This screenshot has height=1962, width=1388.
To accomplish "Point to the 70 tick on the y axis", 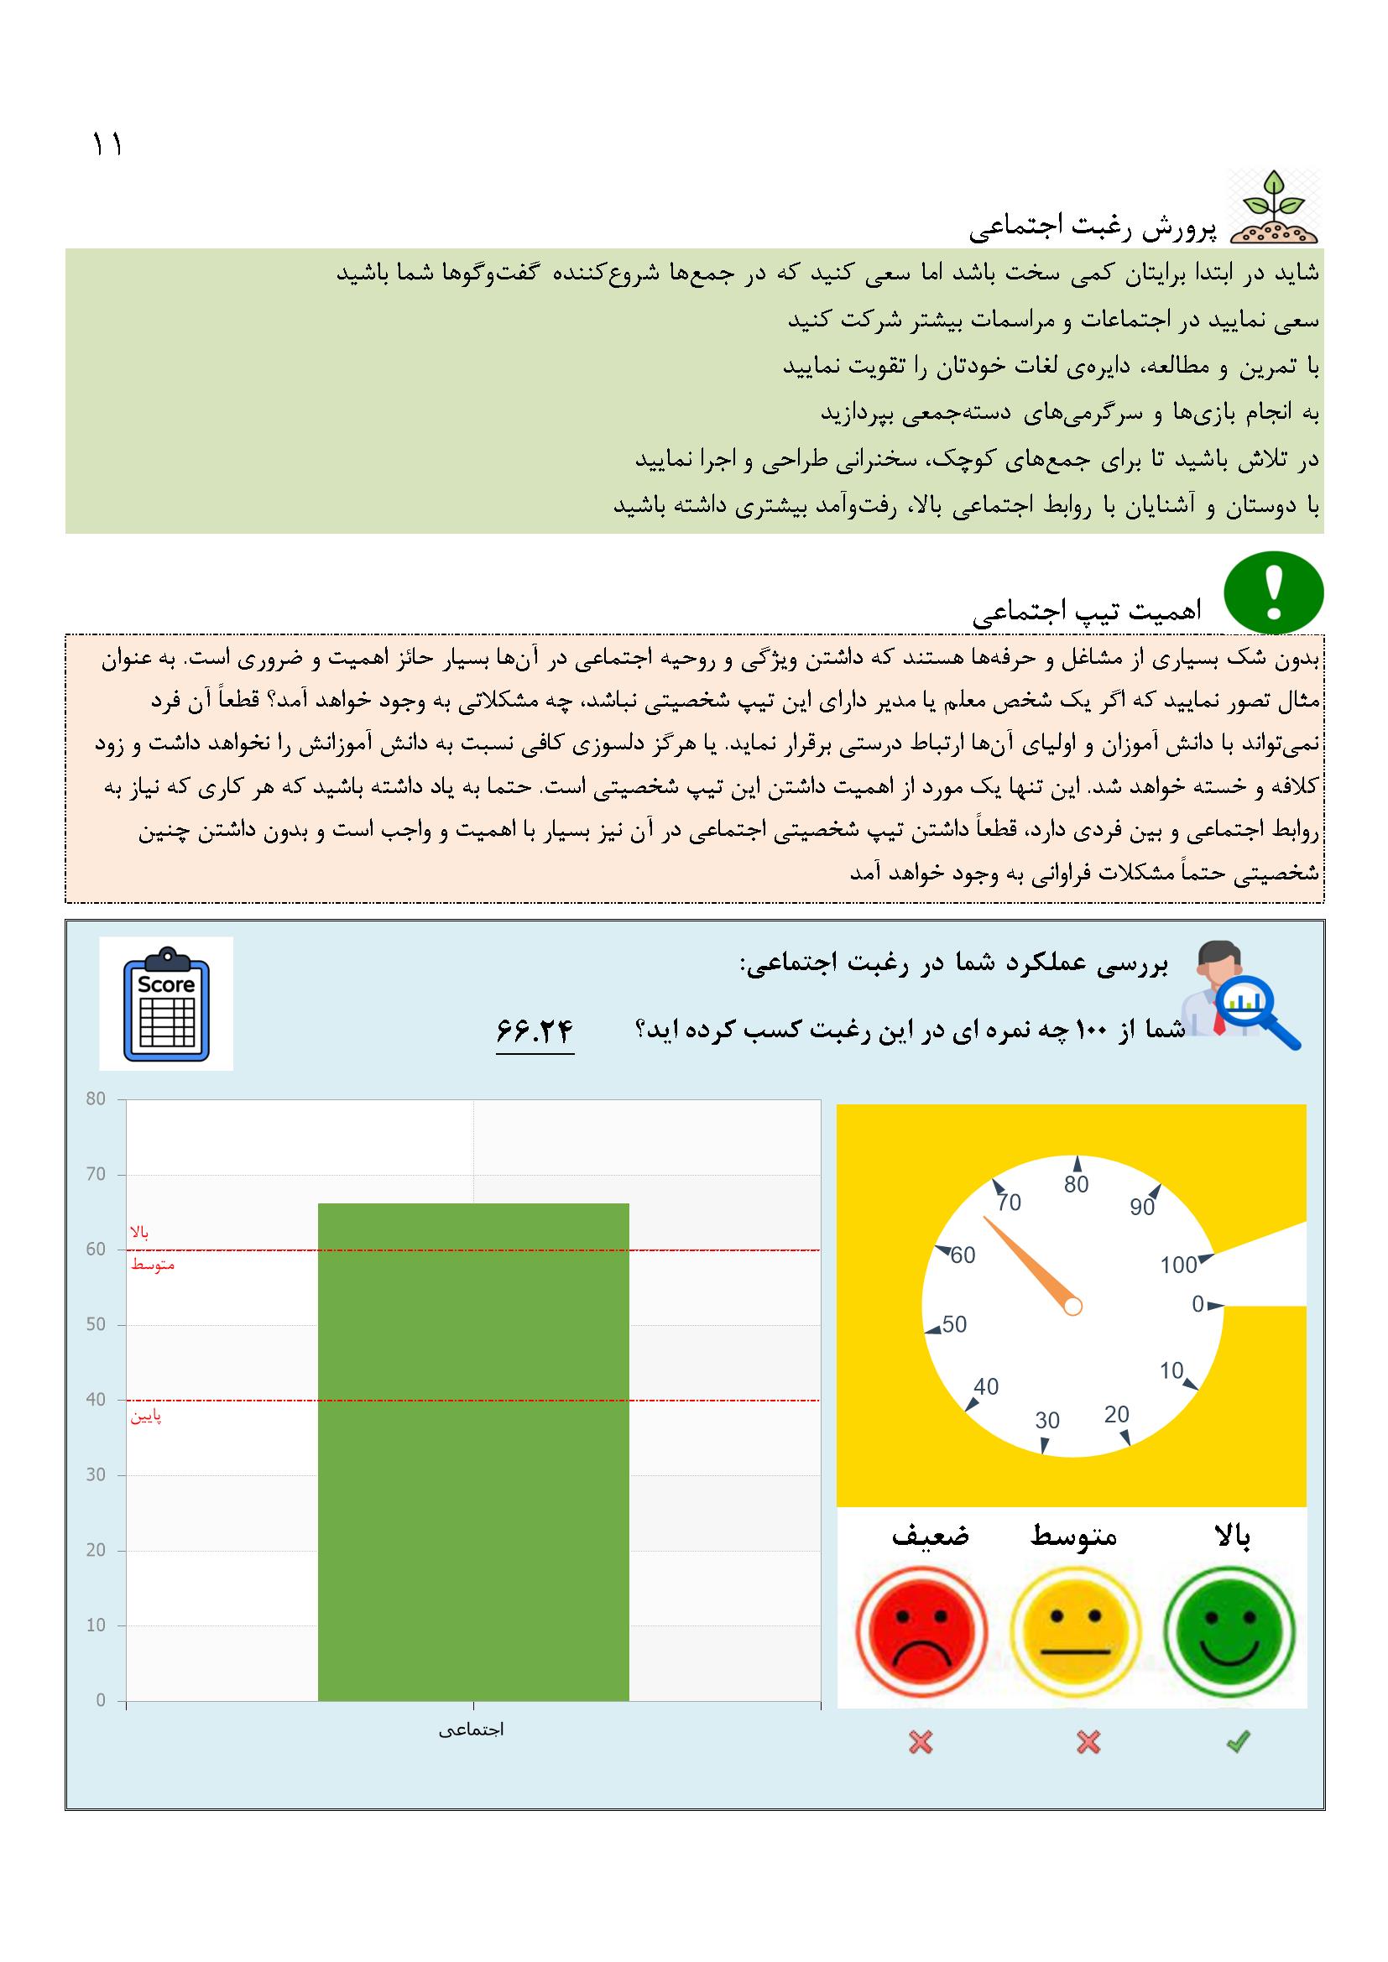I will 96,1175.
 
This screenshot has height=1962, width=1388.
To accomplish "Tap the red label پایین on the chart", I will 146,1417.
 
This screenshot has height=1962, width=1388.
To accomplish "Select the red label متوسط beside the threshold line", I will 152,1265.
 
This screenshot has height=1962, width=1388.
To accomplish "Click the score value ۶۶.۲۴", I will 535,1031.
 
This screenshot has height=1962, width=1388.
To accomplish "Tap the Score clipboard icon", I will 166,1003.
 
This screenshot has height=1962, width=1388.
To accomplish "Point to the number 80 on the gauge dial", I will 1076,1184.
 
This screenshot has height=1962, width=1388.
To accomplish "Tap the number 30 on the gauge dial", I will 1047,1420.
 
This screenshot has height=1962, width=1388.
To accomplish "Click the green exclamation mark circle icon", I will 1274,593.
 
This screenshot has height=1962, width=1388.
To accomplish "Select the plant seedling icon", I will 1274,207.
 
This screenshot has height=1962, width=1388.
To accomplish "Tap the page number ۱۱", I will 107,144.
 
